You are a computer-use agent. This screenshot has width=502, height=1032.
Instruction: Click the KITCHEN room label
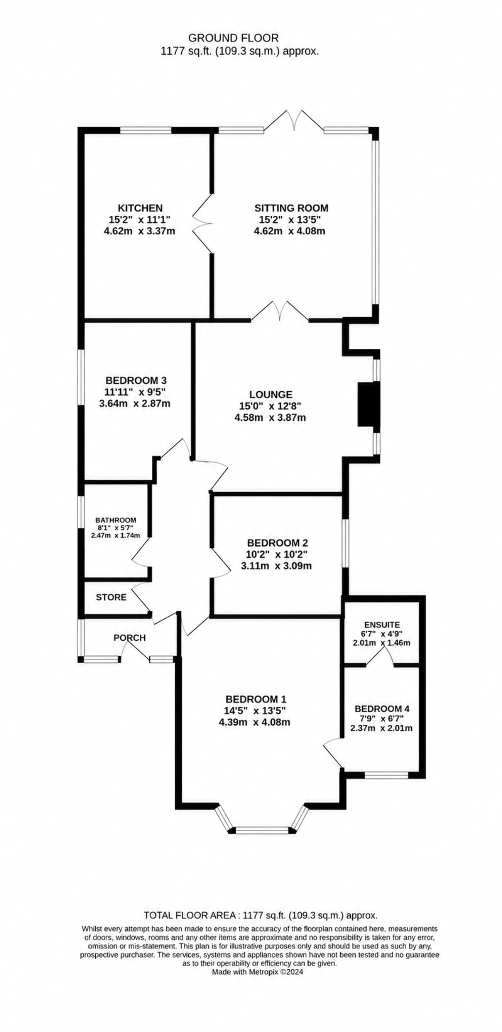(x=140, y=208)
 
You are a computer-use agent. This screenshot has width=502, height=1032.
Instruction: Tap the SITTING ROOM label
(x=291, y=208)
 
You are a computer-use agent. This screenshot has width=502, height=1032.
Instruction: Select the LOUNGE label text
(x=270, y=394)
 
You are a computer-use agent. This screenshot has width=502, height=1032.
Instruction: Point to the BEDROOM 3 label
(x=135, y=380)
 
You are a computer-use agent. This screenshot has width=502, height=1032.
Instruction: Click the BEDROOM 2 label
(x=277, y=542)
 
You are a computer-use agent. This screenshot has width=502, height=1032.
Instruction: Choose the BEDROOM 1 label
(x=256, y=699)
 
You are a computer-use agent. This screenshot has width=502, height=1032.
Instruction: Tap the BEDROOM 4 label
(x=382, y=708)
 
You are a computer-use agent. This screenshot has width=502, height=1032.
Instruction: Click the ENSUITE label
(x=382, y=625)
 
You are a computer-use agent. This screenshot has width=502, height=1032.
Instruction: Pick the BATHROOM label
(x=116, y=520)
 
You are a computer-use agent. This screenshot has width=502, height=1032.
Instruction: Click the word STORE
(x=111, y=597)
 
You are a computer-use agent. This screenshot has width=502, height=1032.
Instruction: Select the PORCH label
(x=130, y=638)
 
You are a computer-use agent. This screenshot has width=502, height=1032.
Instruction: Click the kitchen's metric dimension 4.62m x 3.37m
(x=140, y=231)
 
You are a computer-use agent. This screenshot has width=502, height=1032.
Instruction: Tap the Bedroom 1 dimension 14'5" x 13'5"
(x=254, y=710)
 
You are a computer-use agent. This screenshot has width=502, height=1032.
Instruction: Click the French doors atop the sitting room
(x=294, y=122)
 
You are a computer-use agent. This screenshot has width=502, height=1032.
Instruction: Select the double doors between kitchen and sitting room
(x=203, y=223)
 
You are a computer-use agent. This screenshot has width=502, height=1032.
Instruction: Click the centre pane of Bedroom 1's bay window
(x=262, y=830)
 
